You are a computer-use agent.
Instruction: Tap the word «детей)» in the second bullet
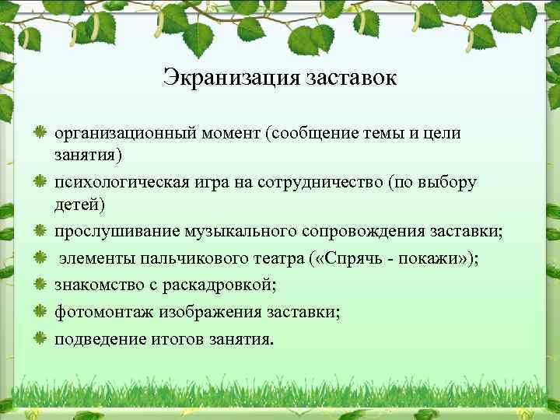click(78, 206)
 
